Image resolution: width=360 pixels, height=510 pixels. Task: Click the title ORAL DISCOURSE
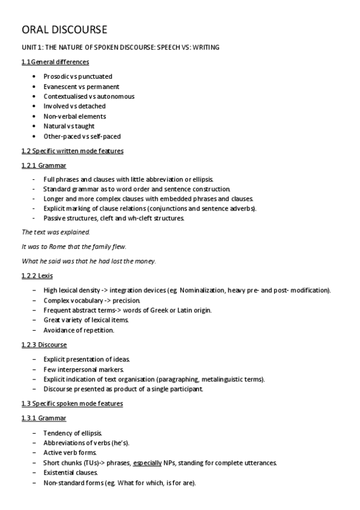[64, 29]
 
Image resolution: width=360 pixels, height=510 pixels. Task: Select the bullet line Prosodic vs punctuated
[78, 76]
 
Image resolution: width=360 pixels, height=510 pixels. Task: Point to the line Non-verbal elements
[75, 116]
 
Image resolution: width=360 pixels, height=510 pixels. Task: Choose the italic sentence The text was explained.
[55, 232]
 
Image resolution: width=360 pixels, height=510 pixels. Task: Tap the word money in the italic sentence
[145, 261]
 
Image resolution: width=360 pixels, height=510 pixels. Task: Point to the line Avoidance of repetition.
[79, 330]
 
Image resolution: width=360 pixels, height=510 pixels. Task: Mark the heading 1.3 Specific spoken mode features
[72, 404]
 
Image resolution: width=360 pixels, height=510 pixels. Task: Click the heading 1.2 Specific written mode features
[72, 150]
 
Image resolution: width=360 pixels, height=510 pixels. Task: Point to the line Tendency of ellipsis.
[73, 433]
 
